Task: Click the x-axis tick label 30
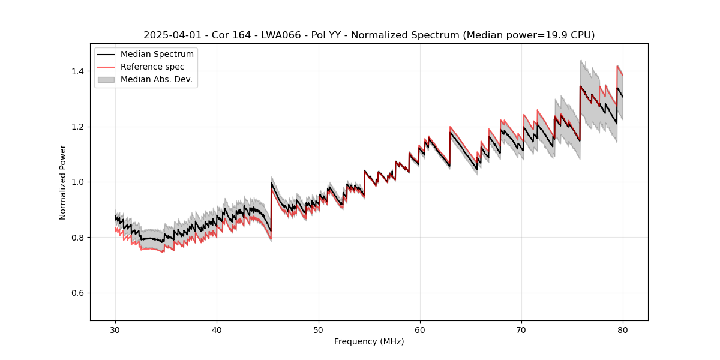tap(115, 329)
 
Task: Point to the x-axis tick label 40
tap(217, 329)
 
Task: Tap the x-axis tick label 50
tap(318, 329)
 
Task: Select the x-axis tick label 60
tap(419, 329)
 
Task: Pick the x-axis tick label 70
tap(521, 329)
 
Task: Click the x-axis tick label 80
tap(623, 329)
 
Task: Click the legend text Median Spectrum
tap(157, 55)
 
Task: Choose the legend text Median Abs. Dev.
tap(157, 79)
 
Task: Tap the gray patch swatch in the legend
tap(106, 79)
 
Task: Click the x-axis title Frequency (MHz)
tap(369, 341)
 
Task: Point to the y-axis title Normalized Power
tap(63, 182)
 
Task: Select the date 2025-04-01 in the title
tap(170, 35)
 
